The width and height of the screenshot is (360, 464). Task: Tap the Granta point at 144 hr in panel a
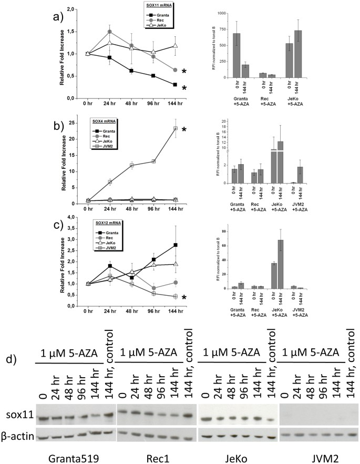click(174, 85)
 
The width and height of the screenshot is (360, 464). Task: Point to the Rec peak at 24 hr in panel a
click(109, 32)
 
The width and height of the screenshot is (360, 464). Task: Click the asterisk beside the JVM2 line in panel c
click(184, 298)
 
